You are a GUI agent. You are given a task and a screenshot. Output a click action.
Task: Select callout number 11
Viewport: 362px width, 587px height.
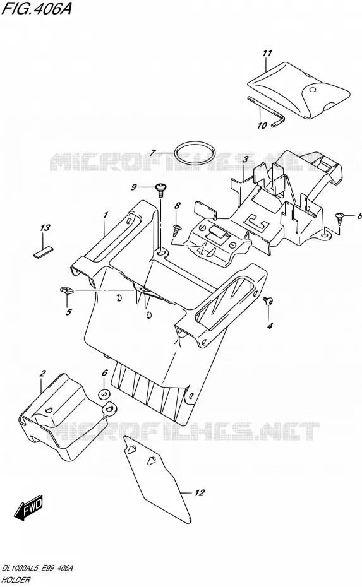point(267,53)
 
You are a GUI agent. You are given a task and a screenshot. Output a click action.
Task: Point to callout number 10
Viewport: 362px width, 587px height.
point(262,126)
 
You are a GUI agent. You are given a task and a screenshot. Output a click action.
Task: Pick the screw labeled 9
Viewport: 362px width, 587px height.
point(161,190)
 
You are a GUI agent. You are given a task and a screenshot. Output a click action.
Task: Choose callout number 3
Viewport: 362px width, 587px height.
point(245,160)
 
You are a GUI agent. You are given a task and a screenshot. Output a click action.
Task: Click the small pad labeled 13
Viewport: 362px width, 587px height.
point(44,252)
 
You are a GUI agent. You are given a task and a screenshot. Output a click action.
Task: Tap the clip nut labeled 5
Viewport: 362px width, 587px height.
point(66,290)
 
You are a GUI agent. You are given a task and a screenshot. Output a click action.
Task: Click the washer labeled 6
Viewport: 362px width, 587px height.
point(104,394)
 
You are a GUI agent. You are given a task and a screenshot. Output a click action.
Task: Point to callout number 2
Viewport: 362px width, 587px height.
point(43,373)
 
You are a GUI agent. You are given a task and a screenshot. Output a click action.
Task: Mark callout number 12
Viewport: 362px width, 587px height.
point(200,493)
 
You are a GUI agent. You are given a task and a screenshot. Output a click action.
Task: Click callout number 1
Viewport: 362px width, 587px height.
point(106,215)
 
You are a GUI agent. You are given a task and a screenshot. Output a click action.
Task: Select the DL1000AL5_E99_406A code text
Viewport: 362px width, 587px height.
point(37,569)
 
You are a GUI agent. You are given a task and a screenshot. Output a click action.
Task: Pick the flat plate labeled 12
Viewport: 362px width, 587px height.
point(157,479)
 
